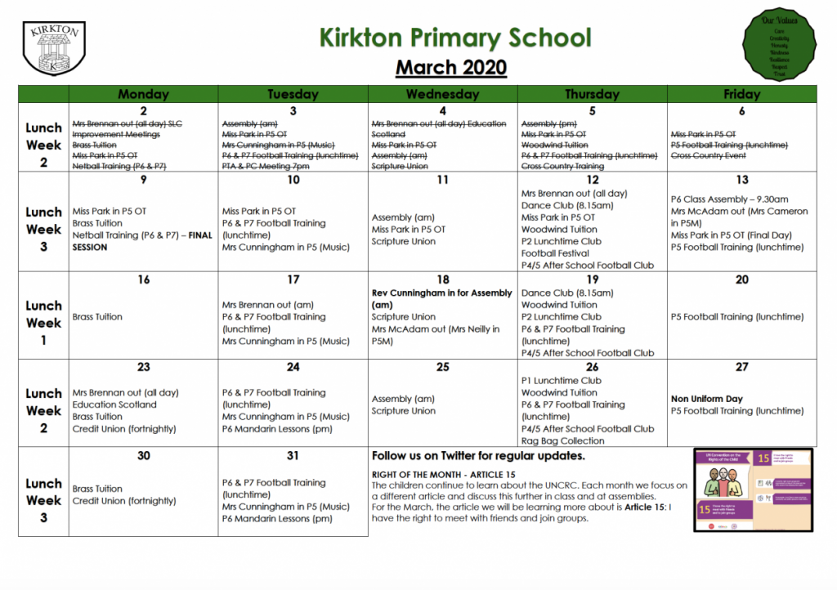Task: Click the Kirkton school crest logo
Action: (x=54, y=48)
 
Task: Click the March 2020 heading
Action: (x=451, y=67)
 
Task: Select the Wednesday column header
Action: (x=442, y=94)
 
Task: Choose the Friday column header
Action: (x=741, y=94)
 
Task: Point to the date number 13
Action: (x=741, y=180)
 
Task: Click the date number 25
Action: (x=442, y=367)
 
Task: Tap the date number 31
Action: (x=293, y=455)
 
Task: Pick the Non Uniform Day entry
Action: (x=707, y=399)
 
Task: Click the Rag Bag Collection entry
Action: (x=562, y=440)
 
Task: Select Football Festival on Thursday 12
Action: (x=555, y=253)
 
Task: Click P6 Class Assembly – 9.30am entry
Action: (x=729, y=199)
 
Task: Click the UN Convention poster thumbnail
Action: (x=754, y=490)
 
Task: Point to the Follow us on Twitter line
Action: (x=478, y=456)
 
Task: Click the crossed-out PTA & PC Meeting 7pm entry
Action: (x=266, y=167)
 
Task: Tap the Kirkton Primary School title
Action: (x=454, y=38)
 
